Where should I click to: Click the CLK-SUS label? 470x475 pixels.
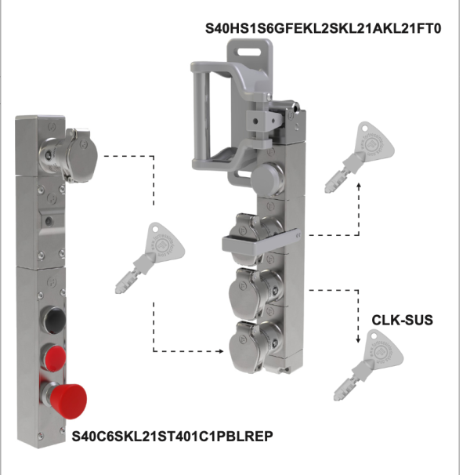[x=401, y=320]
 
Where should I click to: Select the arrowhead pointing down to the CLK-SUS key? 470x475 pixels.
[x=358, y=339]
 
